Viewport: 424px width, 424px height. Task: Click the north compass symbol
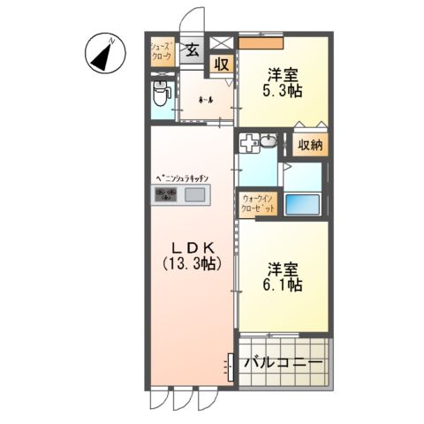[104, 54]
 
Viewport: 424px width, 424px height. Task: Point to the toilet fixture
[161, 92]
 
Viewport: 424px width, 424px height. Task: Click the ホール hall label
[204, 99]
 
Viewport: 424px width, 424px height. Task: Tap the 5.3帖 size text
[282, 89]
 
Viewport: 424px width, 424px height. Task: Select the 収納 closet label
[309, 144]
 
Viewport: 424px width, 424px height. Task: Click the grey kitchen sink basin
[194, 195]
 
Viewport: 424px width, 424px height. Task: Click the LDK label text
[191, 248]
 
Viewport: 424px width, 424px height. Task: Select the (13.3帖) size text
[192, 263]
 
